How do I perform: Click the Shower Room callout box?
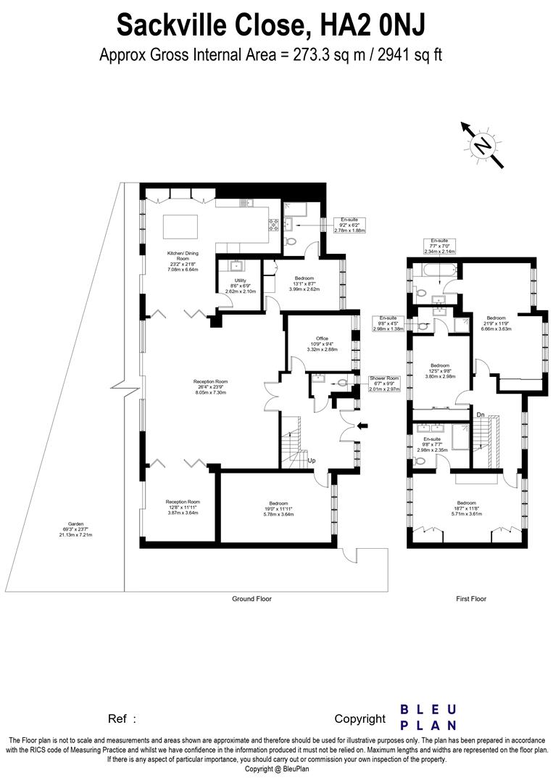[384, 384]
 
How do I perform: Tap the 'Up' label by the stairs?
[312, 460]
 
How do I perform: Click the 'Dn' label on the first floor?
[480, 415]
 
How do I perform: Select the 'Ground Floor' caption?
[251, 599]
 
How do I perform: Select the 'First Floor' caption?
[471, 599]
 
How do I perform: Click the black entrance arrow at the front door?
[363, 426]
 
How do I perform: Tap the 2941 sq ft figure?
[407, 54]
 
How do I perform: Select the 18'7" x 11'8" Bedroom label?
[466, 507]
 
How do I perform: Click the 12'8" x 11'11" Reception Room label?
[183, 507]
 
